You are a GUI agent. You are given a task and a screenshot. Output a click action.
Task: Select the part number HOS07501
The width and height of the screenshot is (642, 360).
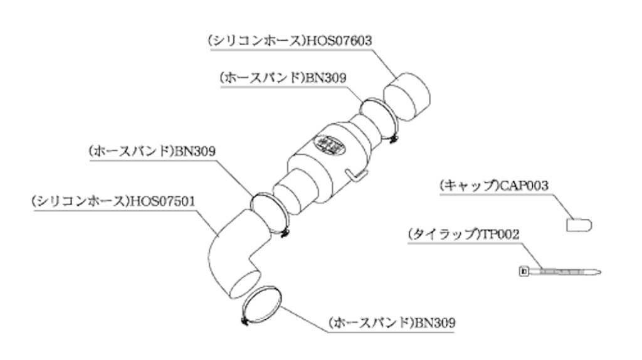pyautogui.click(x=163, y=202)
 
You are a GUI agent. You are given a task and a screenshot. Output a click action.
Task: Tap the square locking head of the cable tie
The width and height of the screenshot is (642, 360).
pyautogui.click(x=524, y=272)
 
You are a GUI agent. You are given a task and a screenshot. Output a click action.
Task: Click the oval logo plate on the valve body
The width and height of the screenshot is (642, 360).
pyautogui.click(x=330, y=143)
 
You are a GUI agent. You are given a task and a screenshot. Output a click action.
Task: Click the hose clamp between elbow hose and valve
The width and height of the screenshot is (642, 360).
pyautogui.click(x=270, y=215)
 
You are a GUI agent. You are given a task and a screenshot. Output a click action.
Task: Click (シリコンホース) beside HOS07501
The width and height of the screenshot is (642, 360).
pyautogui.click(x=80, y=202)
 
